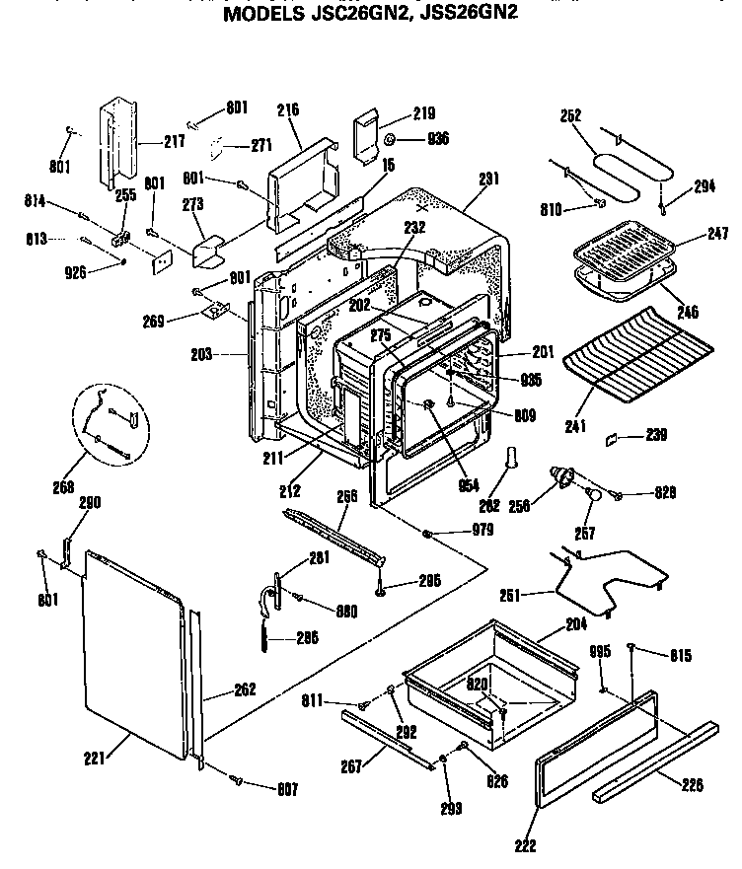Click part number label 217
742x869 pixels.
click(x=174, y=142)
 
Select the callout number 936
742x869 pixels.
click(x=437, y=139)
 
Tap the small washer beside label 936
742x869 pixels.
click(x=391, y=138)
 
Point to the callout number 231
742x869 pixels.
click(x=487, y=179)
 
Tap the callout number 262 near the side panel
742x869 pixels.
click(x=245, y=691)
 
